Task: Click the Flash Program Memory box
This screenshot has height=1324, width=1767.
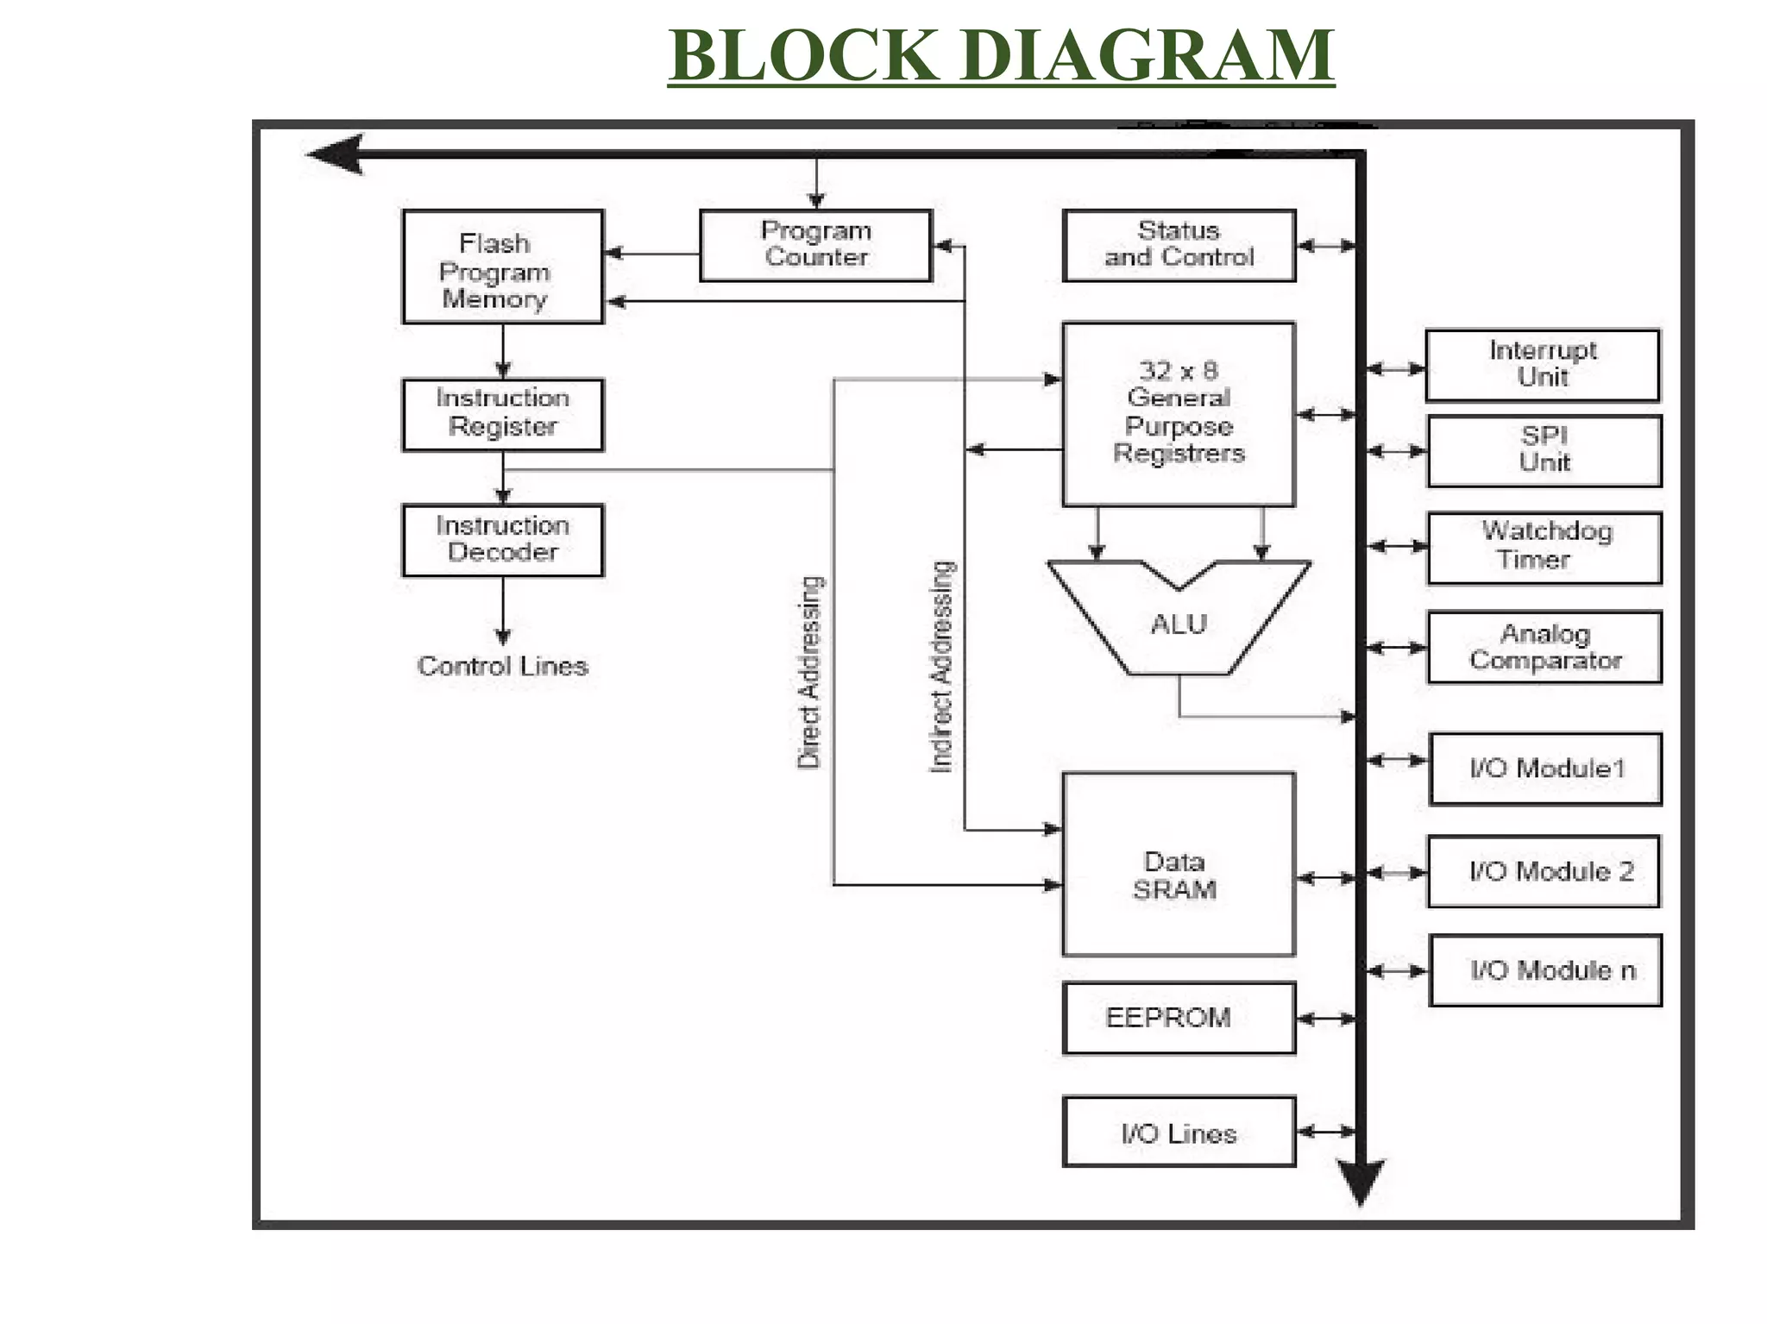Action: point(502,267)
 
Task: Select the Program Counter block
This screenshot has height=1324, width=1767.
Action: point(815,245)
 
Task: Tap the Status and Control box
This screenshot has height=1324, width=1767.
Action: point(1179,245)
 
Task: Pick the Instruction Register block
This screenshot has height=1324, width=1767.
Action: point(502,414)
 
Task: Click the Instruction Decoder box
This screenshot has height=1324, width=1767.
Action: point(502,540)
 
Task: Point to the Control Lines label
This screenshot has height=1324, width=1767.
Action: point(502,666)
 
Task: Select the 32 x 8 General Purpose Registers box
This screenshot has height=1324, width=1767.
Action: point(1179,414)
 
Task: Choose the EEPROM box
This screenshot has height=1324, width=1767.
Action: point(1179,1018)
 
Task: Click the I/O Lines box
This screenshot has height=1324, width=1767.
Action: point(1179,1132)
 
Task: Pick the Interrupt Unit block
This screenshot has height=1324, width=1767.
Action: point(1543,365)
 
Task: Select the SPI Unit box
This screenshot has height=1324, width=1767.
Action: point(1544,450)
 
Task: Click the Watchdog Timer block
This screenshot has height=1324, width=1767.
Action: point(1544,548)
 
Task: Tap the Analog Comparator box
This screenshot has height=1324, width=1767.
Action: point(1544,647)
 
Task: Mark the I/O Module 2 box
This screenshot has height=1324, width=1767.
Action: point(1544,871)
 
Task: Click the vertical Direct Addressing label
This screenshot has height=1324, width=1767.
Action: point(809,673)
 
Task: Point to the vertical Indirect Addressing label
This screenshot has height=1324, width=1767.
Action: point(942,666)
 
